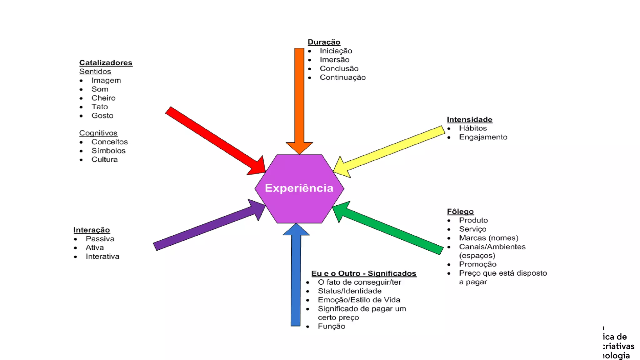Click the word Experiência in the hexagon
click(299, 188)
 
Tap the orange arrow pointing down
click(299, 100)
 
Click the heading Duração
click(324, 42)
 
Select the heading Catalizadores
click(106, 62)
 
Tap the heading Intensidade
click(469, 119)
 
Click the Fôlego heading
click(460, 212)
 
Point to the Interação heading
click(92, 230)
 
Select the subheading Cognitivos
click(98, 133)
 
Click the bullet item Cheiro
click(103, 98)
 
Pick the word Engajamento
click(483, 137)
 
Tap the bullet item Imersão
click(334, 59)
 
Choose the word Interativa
click(102, 256)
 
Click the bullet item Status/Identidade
click(350, 291)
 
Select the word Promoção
click(477, 264)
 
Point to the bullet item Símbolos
click(108, 151)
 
